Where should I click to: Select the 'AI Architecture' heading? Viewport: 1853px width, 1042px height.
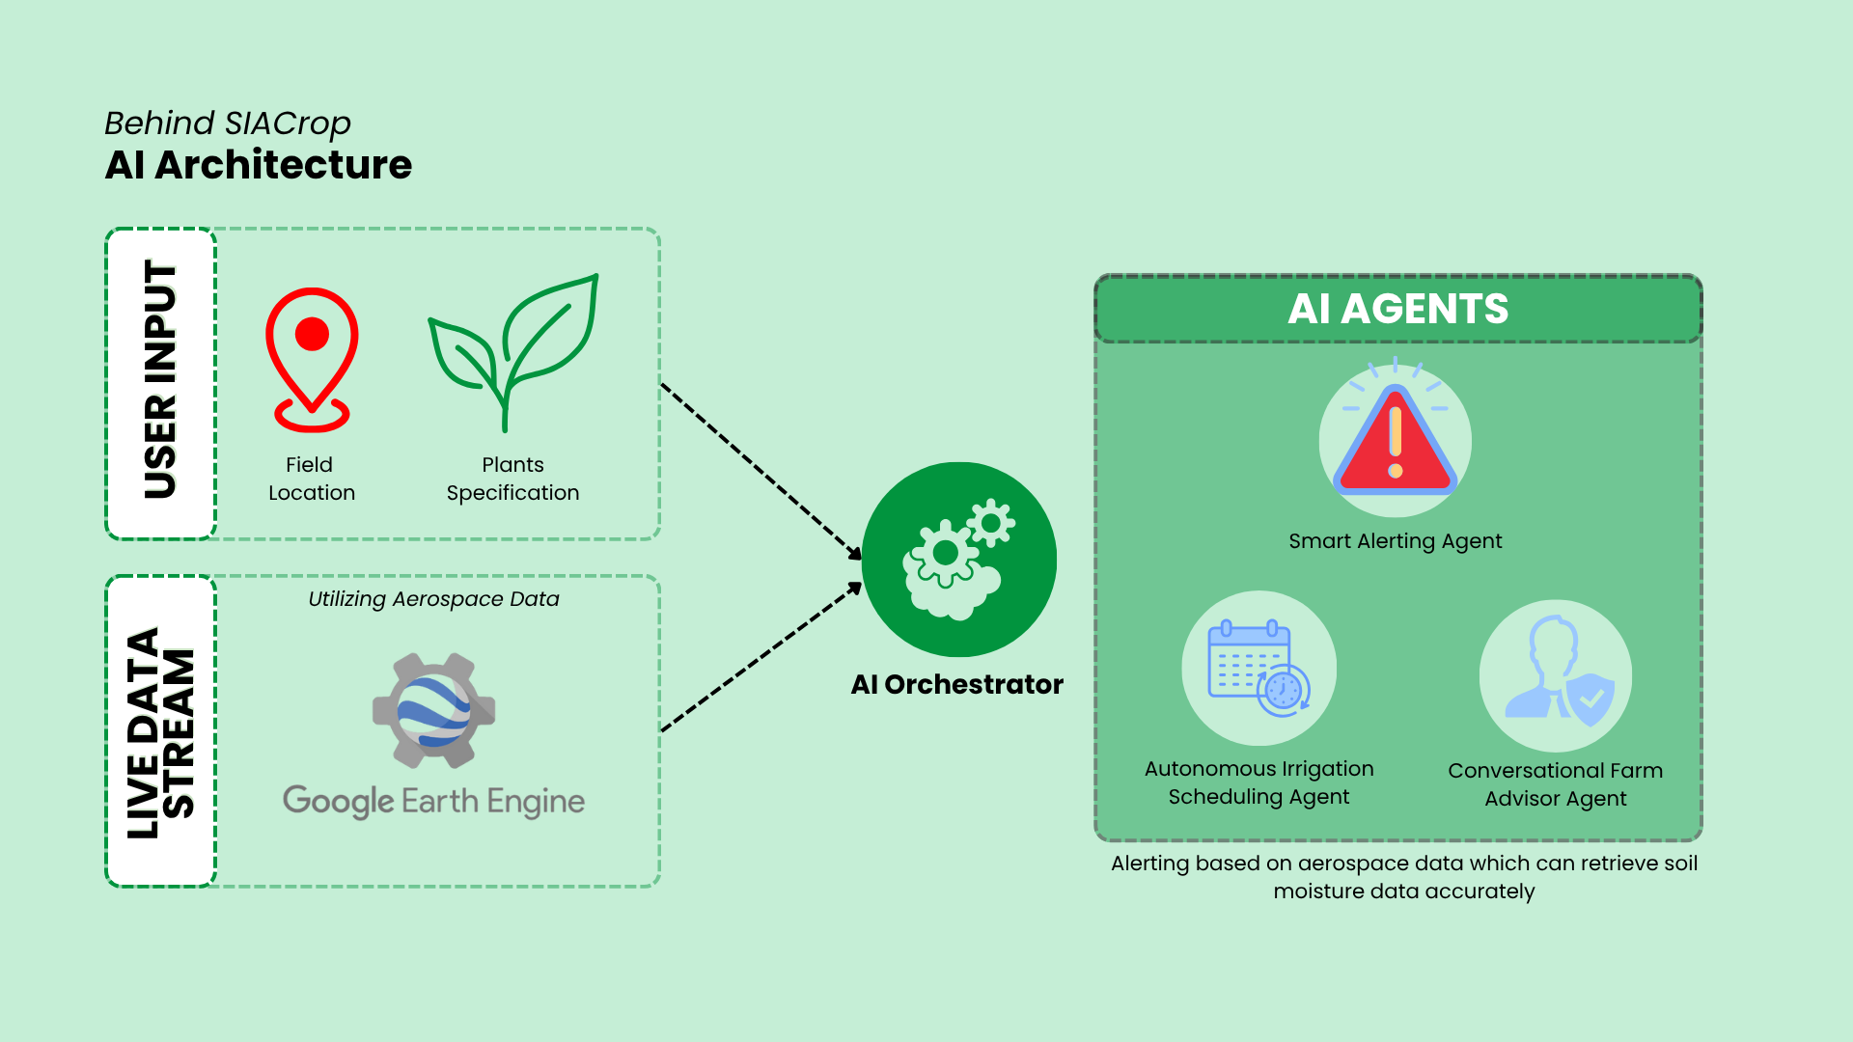click(259, 165)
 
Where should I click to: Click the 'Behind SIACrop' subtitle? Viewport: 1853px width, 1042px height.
click(228, 123)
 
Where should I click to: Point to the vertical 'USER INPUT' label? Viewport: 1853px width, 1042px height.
click(160, 382)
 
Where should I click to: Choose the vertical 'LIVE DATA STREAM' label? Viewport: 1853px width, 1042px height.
click(160, 731)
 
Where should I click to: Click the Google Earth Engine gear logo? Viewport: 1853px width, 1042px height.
click(434, 711)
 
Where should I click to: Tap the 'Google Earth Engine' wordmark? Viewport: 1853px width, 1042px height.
click(433, 801)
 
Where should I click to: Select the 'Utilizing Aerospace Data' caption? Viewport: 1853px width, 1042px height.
click(433, 599)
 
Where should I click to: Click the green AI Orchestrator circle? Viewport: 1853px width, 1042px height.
click(958, 559)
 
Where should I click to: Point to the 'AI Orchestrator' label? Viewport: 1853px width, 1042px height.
click(956, 684)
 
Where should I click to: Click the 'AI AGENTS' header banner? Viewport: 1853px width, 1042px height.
click(1397, 309)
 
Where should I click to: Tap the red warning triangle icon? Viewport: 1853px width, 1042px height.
click(1395, 441)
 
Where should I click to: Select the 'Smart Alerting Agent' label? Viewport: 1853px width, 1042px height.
click(1395, 541)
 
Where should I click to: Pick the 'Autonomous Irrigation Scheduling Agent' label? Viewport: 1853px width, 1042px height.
click(1258, 782)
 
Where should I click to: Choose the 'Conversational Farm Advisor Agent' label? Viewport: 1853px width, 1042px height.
click(1555, 784)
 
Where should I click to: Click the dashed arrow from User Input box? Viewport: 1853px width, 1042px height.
click(761, 471)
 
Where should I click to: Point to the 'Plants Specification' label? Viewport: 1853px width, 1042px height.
click(512, 479)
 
